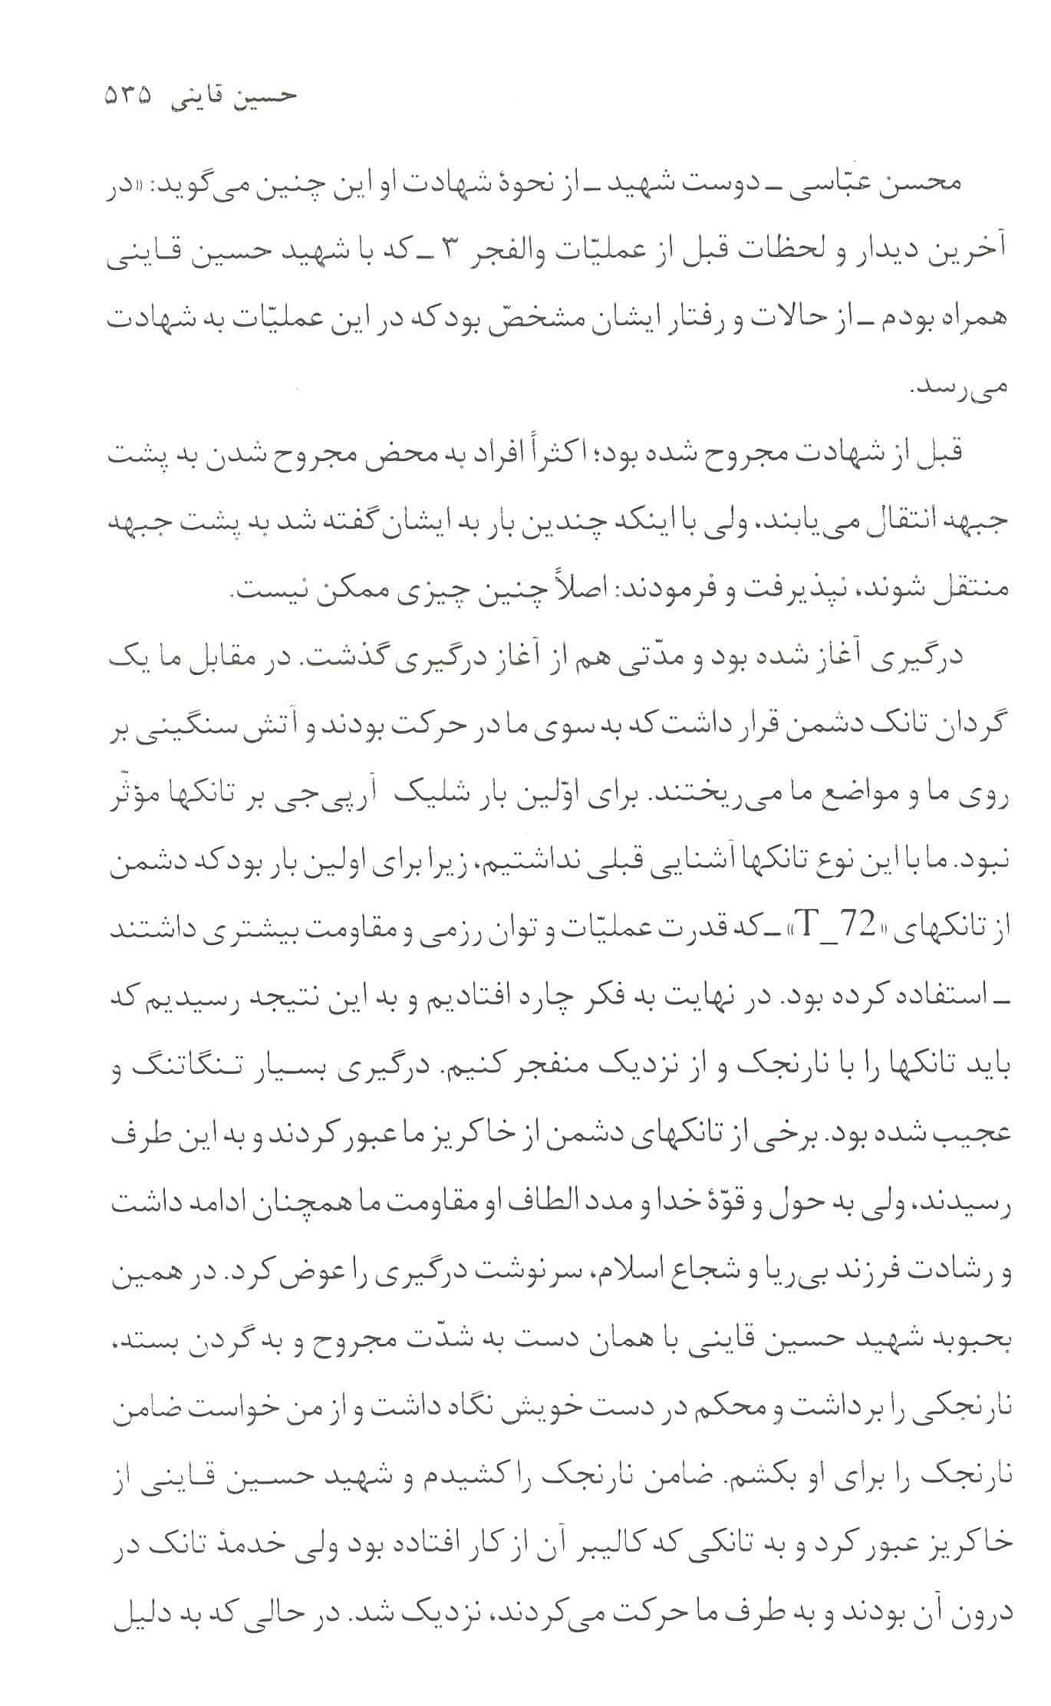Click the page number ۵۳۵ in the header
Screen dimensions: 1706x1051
[128, 97]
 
